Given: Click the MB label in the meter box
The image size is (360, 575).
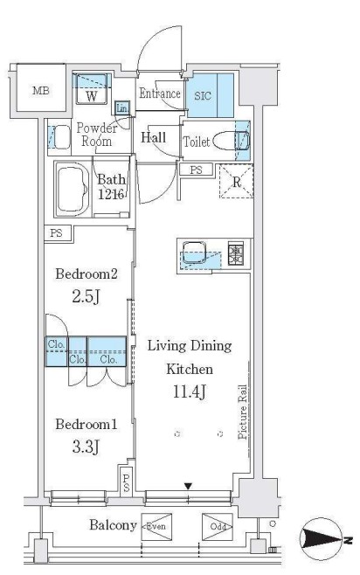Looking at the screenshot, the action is pos(41,91).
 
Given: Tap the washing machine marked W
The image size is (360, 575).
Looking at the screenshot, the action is pos(92,89).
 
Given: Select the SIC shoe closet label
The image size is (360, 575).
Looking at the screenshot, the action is pos(203,96).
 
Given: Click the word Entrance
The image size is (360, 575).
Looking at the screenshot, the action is pos(160,94).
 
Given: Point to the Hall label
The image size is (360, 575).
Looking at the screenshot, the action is pos(154,137).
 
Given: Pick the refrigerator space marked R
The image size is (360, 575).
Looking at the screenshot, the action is pos(237,182).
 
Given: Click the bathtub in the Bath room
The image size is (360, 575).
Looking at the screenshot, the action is pos(73,189).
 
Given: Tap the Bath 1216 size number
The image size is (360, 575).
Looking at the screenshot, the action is pos(112,194).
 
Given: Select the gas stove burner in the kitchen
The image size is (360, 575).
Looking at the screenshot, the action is pos(236,254).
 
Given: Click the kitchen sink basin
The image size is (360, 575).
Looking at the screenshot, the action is pos(195,253).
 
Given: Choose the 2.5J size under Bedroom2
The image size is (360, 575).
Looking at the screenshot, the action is pos(86,296).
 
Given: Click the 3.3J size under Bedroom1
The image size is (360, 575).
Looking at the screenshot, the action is pos(86,447).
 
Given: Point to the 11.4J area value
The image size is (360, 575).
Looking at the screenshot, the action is pos(190,392).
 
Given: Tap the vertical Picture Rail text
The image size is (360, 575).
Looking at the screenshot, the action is pos(242,412).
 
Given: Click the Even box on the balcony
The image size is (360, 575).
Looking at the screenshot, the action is pos(156,527).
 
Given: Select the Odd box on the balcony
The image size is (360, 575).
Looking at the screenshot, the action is pos(218,527).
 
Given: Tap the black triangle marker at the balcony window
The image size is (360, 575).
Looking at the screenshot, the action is pos(188,487).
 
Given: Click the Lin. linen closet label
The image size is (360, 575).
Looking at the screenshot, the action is pos(121,108).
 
